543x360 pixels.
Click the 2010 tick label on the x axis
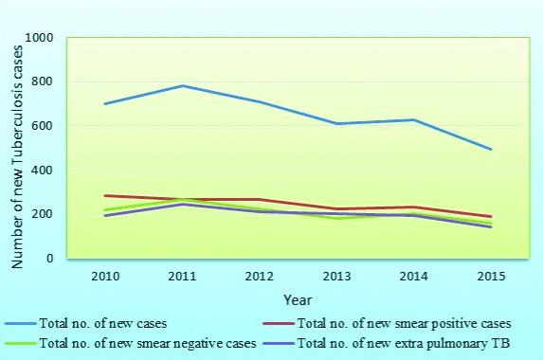click(x=105, y=276)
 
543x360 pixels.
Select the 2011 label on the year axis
click(x=182, y=276)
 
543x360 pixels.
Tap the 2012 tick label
click(x=259, y=276)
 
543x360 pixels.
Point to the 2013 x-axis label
click(x=336, y=276)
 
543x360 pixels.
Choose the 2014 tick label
click(x=413, y=276)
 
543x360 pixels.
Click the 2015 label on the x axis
click(x=490, y=276)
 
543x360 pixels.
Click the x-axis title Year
click(x=298, y=299)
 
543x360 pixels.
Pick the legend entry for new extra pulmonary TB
click(x=396, y=343)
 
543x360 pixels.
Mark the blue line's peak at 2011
click(x=182, y=86)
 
